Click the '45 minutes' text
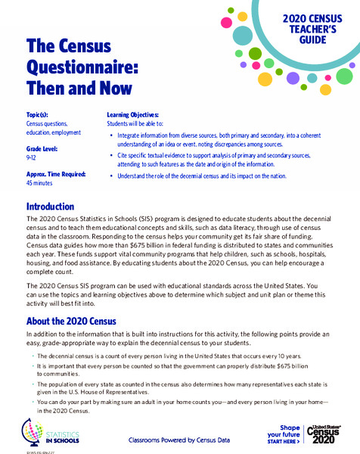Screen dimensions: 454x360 [42, 182]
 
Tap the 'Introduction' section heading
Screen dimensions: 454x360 [50, 207]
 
